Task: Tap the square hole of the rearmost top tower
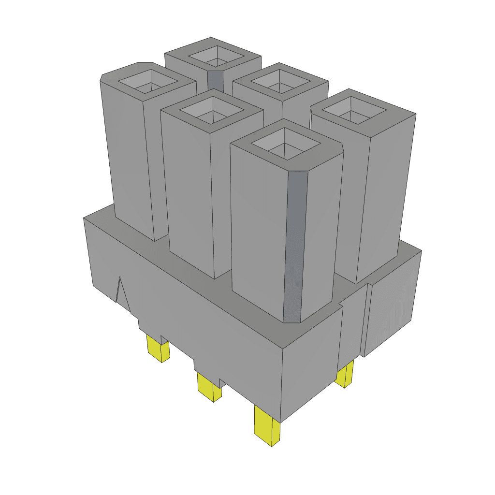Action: (217, 57)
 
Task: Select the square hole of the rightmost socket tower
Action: (354, 110)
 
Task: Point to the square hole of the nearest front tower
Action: (286, 144)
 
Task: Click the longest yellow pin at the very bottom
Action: (268, 427)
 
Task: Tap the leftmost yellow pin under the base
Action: (158, 349)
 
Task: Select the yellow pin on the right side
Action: (345, 375)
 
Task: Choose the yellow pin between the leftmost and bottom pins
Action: (209, 386)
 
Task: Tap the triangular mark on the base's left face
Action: (121, 292)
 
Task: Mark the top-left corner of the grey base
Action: (85, 218)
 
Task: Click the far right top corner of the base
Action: (421, 250)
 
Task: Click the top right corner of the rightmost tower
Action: (416, 115)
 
